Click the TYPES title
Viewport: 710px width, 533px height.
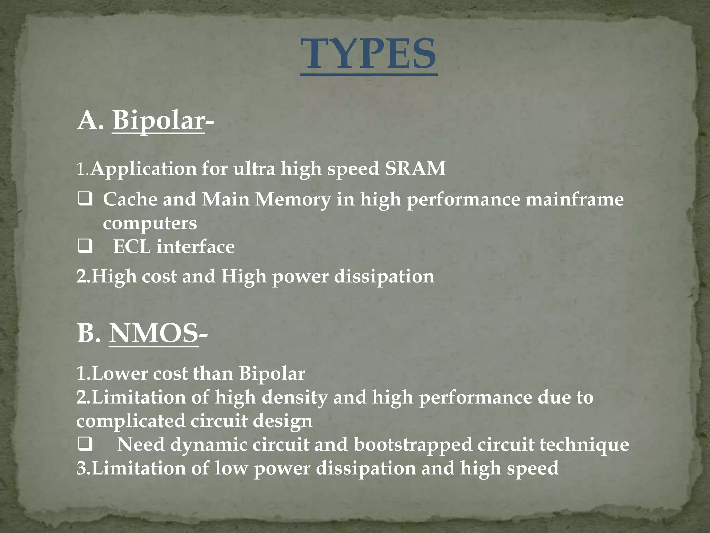coord(368,54)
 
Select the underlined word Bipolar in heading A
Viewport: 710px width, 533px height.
coord(158,120)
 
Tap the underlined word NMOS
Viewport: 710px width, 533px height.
coord(154,333)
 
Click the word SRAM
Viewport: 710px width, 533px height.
coord(415,169)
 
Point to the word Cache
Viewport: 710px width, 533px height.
coord(130,200)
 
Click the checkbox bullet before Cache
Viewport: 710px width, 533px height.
coord(85,200)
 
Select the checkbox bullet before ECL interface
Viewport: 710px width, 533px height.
coord(85,247)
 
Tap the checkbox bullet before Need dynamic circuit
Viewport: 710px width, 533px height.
coord(85,445)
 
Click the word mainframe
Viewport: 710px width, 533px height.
coord(574,200)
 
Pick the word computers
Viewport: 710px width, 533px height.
coord(150,223)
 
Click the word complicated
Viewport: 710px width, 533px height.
coord(131,421)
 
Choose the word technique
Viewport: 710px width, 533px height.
coord(584,445)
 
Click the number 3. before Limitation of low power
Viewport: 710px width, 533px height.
coord(83,468)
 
